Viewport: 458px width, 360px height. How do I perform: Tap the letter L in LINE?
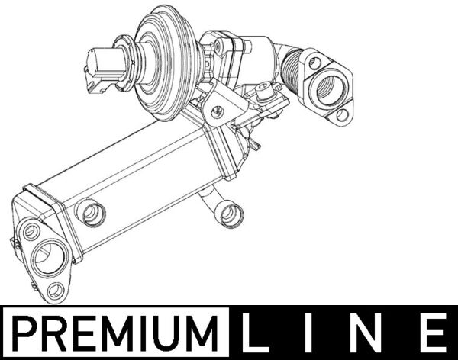coord(253,333)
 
